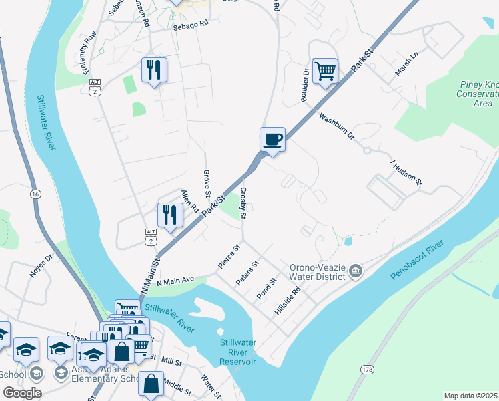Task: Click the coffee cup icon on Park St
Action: coord(272,140)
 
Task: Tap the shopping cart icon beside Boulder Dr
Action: coord(324,70)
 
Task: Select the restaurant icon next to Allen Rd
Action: coord(170,215)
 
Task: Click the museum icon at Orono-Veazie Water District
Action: coord(356,271)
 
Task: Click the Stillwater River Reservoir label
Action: coord(238,352)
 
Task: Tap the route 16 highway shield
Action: coord(35,193)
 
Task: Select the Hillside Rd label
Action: coord(288,301)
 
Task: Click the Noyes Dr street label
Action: coord(40,265)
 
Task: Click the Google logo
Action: coord(21,393)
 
